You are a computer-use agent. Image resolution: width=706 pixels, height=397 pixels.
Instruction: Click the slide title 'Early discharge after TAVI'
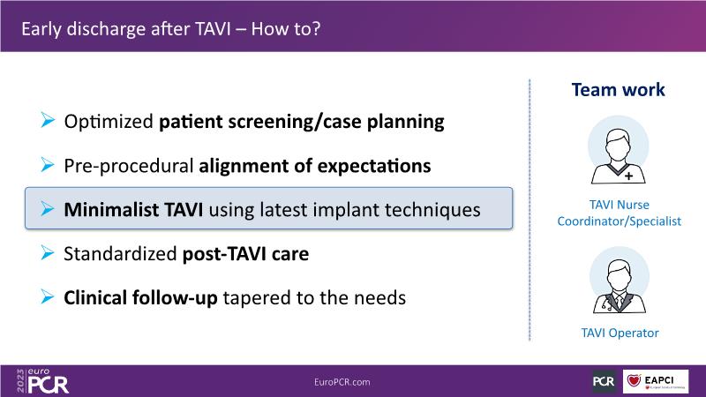coord(126,29)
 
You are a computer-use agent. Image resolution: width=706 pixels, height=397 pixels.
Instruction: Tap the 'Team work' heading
coord(619,90)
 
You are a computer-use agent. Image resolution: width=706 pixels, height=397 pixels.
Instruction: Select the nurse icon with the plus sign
coord(619,150)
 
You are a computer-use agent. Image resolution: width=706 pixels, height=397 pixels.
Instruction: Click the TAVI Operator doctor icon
coord(620,281)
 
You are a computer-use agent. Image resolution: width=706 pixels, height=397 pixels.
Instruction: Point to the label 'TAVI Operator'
coord(620,333)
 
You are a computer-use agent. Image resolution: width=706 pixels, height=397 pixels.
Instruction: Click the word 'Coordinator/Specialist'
coord(620,221)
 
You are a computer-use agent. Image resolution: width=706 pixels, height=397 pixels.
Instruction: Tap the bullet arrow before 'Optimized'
coord(48,120)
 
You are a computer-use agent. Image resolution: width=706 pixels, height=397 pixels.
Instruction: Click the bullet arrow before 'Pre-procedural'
coord(48,165)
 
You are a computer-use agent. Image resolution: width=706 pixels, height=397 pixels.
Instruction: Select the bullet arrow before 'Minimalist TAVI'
coord(48,208)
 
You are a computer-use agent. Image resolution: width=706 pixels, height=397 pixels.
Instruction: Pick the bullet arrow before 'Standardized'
coord(48,253)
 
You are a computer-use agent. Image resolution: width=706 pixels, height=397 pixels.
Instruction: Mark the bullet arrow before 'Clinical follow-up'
coord(48,296)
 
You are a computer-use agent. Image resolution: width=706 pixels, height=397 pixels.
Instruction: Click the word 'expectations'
coord(374,166)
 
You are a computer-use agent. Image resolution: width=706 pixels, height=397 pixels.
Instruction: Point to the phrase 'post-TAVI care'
coord(245,254)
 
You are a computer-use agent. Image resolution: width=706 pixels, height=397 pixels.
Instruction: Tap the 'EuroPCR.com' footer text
coord(342,382)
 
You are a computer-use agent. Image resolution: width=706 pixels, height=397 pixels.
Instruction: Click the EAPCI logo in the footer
coord(656,381)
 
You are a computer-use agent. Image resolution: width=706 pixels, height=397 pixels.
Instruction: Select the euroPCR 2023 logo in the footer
coord(42,381)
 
